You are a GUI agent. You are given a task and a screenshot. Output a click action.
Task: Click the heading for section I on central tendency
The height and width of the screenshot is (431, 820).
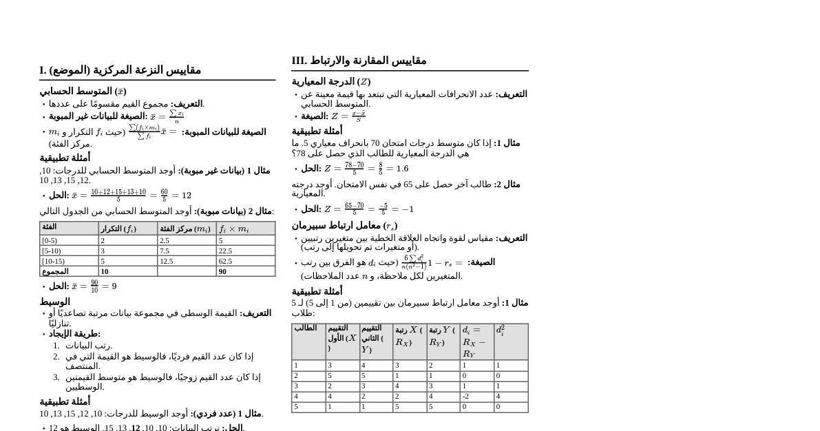120,70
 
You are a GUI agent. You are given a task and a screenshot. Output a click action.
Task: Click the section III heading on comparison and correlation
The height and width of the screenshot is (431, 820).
359,61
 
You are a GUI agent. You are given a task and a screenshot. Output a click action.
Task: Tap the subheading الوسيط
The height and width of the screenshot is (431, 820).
54,302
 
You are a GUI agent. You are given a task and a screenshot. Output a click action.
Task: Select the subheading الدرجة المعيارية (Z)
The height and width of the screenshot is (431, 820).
330,82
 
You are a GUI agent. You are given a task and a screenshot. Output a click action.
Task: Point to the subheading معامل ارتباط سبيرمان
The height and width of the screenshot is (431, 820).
344,226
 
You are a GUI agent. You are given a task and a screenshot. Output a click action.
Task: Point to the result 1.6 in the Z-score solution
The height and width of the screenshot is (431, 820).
403,169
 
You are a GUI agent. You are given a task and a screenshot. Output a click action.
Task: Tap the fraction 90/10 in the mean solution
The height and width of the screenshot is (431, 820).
94,286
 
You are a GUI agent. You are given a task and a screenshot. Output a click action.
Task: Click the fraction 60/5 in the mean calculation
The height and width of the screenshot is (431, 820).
164,196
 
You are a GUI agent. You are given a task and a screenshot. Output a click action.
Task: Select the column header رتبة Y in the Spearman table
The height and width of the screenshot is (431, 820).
442,336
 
